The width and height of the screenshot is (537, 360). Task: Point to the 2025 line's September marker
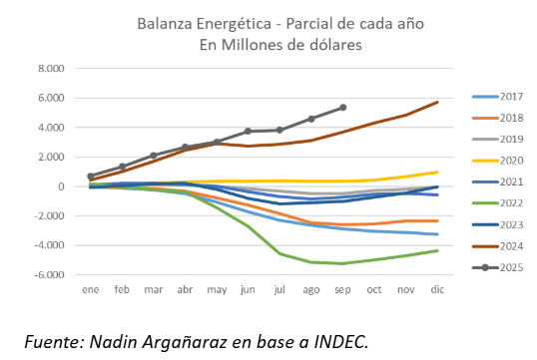[x=343, y=107]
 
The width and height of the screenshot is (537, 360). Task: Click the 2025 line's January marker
[x=91, y=177]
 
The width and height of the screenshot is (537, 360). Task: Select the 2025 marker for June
[x=249, y=132]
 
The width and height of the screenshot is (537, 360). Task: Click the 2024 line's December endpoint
[x=437, y=102]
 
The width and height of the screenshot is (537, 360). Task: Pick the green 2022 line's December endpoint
[x=437, y=250]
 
